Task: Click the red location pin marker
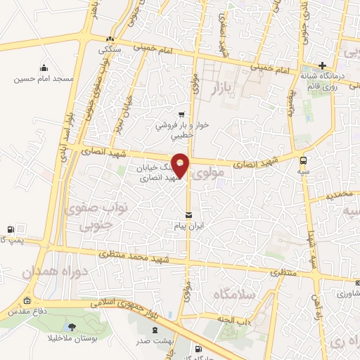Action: (181, 165)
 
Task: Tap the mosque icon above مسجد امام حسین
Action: (44, 67)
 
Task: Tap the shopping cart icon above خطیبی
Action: (181, 114)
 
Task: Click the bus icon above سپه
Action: (304, 160)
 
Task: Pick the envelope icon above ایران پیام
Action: (188, 214)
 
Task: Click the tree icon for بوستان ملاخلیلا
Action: (72, 327)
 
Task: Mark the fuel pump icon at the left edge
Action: (10, 229)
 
